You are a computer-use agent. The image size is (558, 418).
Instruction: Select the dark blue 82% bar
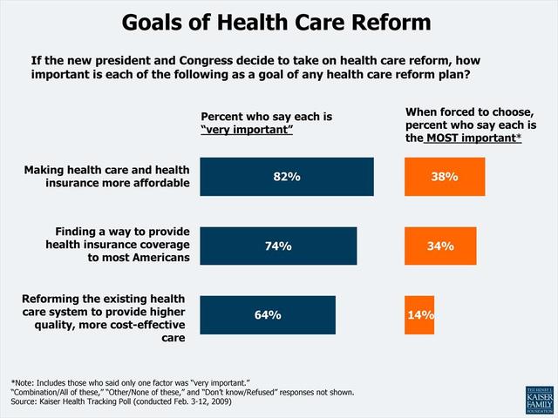[x=287, y=177]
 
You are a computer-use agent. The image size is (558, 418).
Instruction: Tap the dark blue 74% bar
[x=278, y=246]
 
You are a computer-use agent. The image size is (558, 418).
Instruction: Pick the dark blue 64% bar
[x=268, y=315]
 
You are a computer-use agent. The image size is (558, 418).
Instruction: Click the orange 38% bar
[x=444, y=177]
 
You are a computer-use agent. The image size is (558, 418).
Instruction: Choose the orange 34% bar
[x=440, y=246]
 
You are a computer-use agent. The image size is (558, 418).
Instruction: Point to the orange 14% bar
[x=419, y=315]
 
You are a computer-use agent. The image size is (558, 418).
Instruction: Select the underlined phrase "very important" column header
[x=247, y=130]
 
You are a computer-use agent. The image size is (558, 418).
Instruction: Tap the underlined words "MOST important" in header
[x=473, y=138]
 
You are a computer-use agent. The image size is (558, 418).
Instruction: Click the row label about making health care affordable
[x=105, y=176]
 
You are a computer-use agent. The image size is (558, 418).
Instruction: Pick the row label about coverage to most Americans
[x=117, y=245]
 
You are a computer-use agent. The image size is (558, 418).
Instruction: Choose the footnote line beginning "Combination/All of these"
[x=182, y=392]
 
